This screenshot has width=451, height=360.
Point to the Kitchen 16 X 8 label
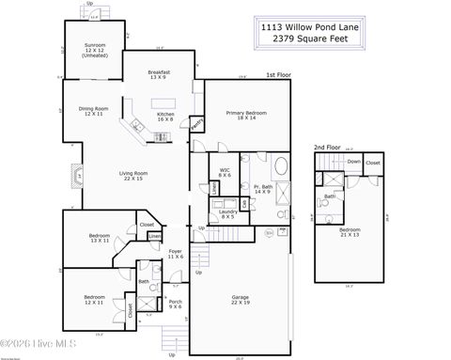click(165, 117)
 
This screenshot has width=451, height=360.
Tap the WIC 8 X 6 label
click(225, 173)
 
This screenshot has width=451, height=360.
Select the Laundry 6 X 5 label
click(228, 214)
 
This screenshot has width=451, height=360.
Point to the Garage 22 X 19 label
click(240, 300)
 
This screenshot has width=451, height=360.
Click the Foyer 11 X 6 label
click(175, 254)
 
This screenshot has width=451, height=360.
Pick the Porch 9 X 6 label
click(175, 305)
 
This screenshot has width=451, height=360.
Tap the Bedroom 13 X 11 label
click(100, 238)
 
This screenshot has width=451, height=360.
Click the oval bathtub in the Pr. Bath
click(281, 170)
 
